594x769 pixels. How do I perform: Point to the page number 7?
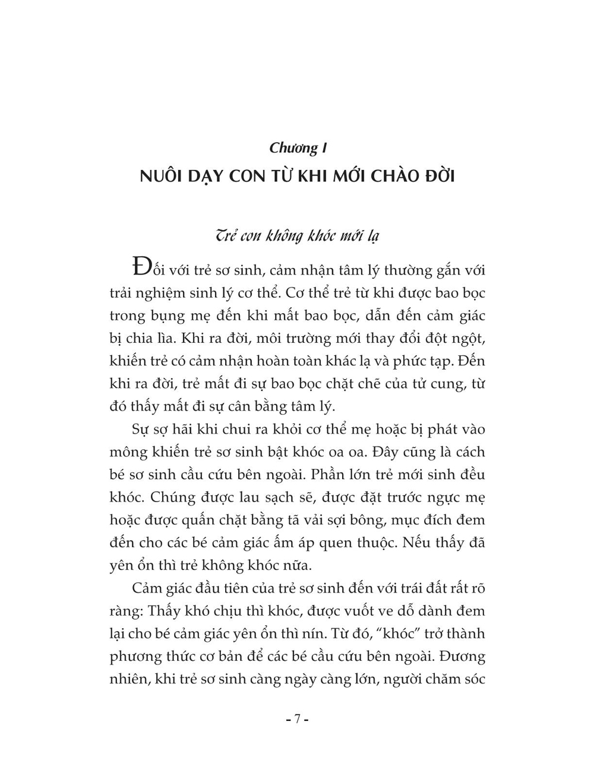pos(297,719)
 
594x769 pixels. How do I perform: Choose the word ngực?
pos(440,497)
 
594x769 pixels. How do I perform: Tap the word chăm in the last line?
pos(428,678)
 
